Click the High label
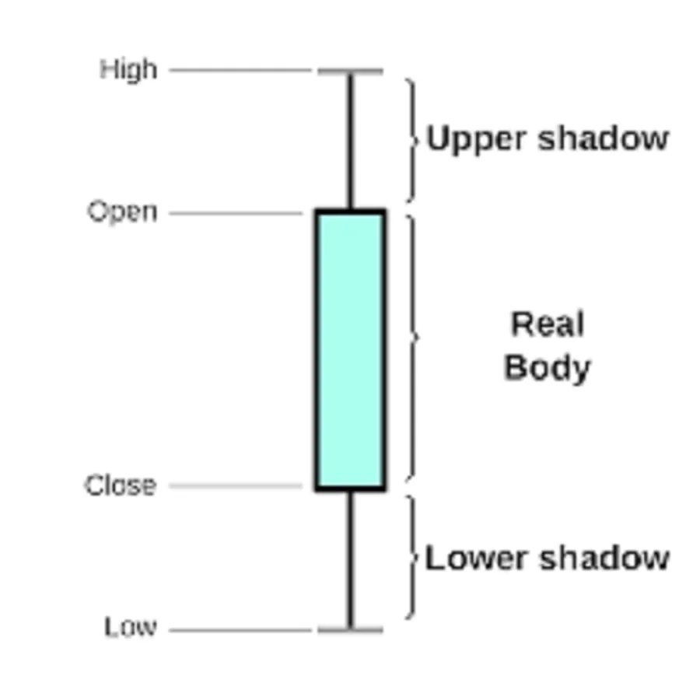(128, 70)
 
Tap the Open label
(122, 212)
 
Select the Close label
(121, 486)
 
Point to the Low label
(130, 627)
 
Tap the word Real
(547, 324)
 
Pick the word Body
(547, 367)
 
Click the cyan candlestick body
(350, 350)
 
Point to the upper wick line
(350, 140)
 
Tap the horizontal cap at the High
(350, 72)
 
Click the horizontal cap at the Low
(350, 628)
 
